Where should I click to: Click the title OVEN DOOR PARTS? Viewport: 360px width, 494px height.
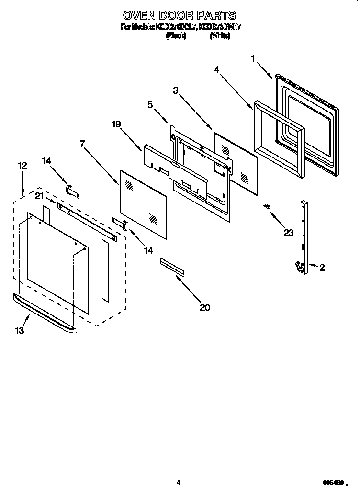pos(180,16)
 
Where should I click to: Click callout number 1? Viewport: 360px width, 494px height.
pos(253,59)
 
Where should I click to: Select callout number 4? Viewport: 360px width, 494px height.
pos(217,69)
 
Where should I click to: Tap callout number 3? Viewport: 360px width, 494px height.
pos(176,90)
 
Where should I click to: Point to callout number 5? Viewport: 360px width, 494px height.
pos(150,104)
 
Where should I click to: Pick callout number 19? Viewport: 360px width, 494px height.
pos(116,124)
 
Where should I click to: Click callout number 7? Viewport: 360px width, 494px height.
pos(82,143)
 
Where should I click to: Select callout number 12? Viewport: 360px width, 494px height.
pos(22,166)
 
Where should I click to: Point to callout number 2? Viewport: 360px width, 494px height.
pos(322,268)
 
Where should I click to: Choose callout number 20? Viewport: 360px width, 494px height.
pos(204,308)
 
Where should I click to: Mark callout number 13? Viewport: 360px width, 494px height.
pos(19,330)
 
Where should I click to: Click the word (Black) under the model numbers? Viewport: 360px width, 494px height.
pos(176,36)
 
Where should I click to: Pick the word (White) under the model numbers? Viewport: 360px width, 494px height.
pos(220,36)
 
